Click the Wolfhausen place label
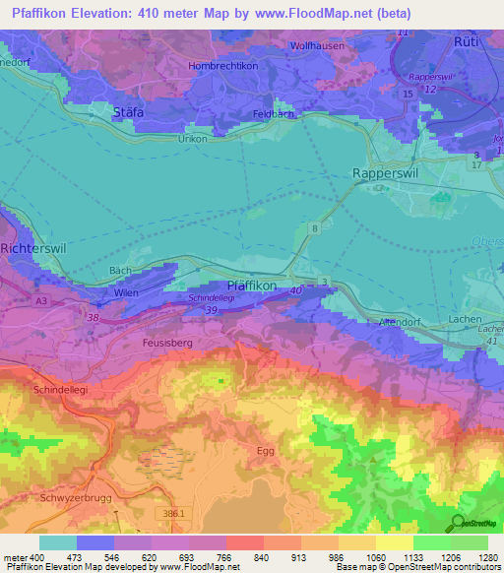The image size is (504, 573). coord(316,45)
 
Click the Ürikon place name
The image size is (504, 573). coord(191,140)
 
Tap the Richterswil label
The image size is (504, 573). coord(33,249)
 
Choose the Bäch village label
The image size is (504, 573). coord(120,270)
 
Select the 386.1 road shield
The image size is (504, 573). coord(172,514)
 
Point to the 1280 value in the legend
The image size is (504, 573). coord(487,559)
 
